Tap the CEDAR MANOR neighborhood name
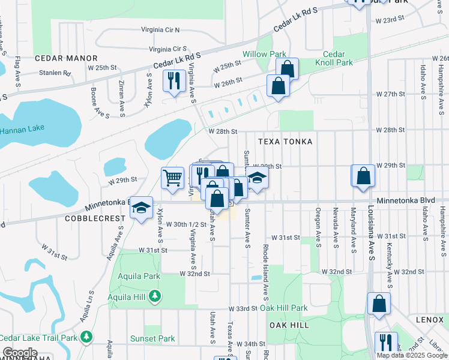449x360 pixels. click(66, 58)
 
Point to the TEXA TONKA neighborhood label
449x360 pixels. click(285, 142)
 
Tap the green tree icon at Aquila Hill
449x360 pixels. click(155, 296)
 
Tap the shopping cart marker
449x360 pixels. click(173, 177)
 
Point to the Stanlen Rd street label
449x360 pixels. click(55, 74)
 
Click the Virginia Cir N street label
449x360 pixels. click(160, 29)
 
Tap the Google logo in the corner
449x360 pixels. click(20, 353)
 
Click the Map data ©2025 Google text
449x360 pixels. click(412, 355)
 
